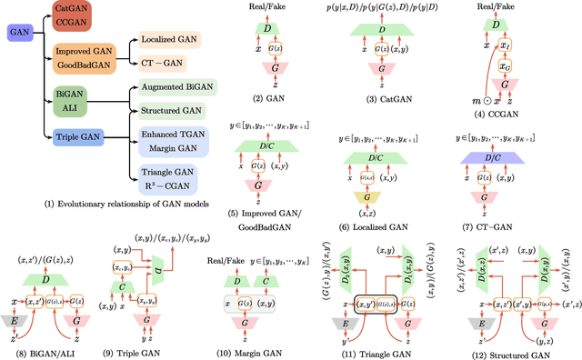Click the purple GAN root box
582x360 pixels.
[17, 55]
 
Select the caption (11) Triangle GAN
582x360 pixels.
[391, 349]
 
